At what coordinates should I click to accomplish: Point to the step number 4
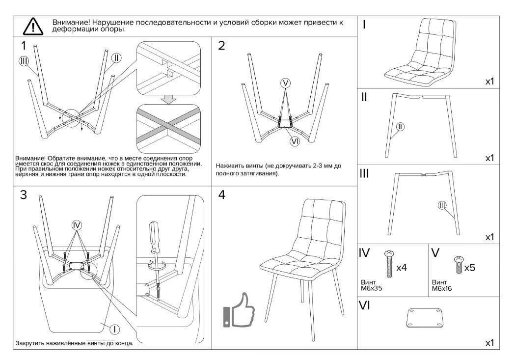coord(222,195)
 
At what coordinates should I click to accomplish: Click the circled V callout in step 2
coord(286,83)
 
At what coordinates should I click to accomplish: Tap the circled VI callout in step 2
coord(295,141)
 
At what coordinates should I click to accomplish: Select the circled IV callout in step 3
coord(76,225)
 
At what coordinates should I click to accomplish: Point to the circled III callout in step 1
coord(24,61)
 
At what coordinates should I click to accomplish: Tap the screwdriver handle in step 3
coord(153,235)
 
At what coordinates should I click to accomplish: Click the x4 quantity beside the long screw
coord(401,268)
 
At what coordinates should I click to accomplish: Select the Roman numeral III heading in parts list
coord(365,174)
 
